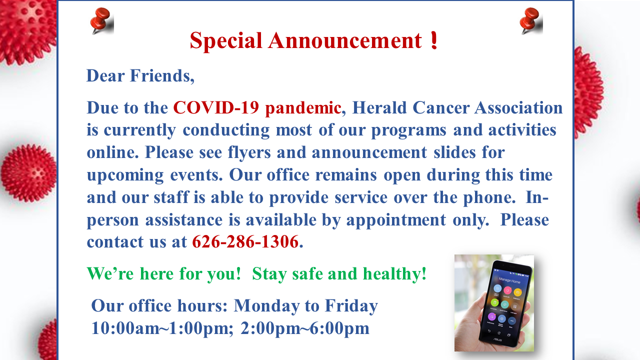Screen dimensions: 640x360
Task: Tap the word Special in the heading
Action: coord(225,41)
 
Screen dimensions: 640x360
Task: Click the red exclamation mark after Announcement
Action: coord(434,40)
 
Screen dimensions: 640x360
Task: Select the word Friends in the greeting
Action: coord(162,76)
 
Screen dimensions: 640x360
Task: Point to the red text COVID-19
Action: coord(216,107)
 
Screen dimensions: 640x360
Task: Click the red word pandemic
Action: coord(303,108)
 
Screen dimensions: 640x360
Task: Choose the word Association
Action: coord(518,107)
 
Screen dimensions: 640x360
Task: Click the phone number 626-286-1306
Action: coord(245,241)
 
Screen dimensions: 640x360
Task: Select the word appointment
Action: coord(396,220)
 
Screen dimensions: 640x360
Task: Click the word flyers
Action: coord(249,153)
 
